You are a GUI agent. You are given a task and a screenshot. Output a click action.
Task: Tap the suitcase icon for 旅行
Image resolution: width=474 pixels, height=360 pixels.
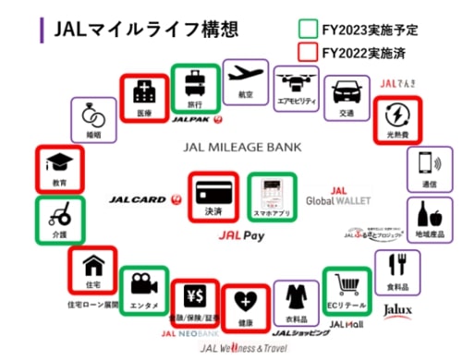tap(195, 83)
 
